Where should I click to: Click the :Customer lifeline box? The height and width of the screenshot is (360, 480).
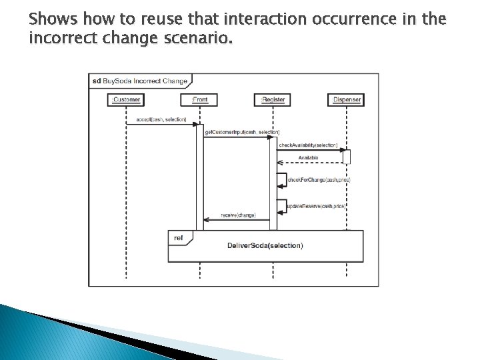[126, 100]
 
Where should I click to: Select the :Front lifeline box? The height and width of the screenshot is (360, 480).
[199, 100]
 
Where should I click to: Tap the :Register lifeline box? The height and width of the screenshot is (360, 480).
[273, 100]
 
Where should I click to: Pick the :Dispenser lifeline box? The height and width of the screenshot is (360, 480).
[347, 100]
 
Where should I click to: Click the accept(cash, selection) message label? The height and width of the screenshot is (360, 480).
[161, 120]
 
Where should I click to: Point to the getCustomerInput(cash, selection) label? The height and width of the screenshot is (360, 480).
[242, 132]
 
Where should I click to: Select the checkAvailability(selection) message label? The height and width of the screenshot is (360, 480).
[308, 145]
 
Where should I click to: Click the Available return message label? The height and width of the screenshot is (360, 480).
[308, 158]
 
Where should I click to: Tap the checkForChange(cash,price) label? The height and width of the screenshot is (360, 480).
[319, 180]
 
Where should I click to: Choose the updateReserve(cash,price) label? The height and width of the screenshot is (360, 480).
[315, 207]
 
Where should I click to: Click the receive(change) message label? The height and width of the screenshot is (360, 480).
[238, 215]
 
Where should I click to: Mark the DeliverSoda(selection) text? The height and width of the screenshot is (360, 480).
[265, 245]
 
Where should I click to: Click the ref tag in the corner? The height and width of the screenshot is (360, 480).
[179, 237]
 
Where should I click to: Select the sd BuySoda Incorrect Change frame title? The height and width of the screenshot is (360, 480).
[140, 81]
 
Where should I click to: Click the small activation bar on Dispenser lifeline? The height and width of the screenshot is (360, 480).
[347, 157]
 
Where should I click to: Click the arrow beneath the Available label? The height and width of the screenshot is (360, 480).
[309, 163]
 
